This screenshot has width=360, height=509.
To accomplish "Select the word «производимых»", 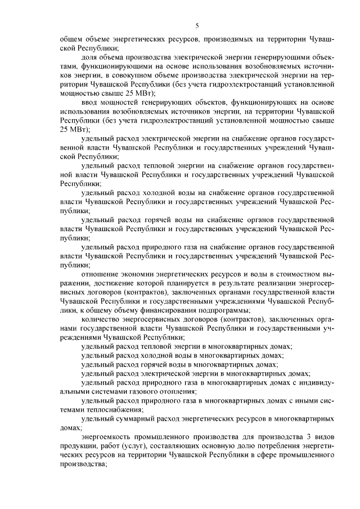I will click(x=227, y=40).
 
